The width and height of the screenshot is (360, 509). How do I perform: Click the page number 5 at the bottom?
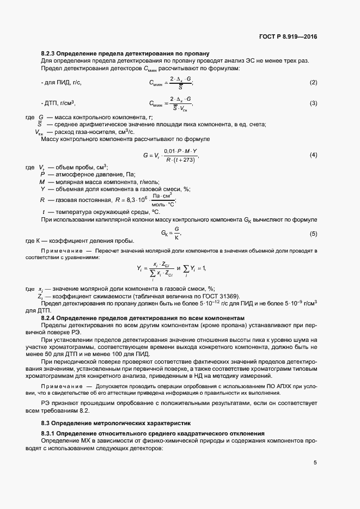tap(315, 463)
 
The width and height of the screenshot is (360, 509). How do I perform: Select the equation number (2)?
tap(313, 82)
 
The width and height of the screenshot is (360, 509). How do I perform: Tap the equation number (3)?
tap(313, 103)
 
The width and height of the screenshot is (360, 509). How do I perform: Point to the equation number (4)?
tap(313, 155)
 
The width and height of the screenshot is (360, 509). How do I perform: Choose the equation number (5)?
tap(313, 234)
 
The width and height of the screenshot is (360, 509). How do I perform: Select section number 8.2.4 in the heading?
tap(51, 317)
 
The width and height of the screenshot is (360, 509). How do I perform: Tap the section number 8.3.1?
tap(51, 433)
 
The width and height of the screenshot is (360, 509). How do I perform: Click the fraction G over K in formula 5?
tap(176, 234)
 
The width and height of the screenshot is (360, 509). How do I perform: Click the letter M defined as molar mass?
tap(42, 181)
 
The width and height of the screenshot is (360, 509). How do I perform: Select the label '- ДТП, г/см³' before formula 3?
tap(58, 103)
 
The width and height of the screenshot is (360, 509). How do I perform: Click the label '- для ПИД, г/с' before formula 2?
tap(62, 82)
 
